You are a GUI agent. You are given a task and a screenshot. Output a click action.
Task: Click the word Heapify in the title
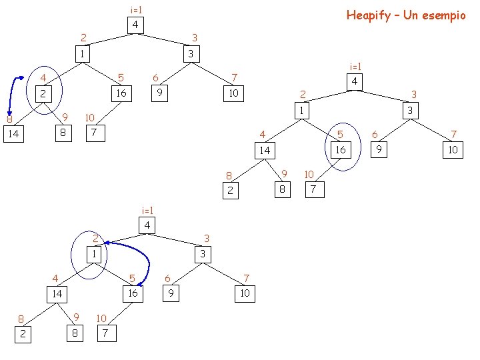click(x=369, y=15)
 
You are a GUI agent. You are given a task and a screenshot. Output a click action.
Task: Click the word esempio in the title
click(x=443, y=15)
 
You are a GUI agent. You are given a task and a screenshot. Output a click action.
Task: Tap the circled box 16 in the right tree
click(x=340, y=150)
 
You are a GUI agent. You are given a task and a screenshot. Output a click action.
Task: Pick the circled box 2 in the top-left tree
click(x=43, y=94)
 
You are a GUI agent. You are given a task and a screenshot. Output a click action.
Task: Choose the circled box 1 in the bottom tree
click(x=95, y=254)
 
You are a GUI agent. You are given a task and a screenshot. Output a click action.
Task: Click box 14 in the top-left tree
click(x=13, y=134)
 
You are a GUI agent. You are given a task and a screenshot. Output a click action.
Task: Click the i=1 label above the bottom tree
click(x=147, y=211)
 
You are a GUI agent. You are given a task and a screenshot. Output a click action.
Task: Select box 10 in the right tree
click(x=453, y=150)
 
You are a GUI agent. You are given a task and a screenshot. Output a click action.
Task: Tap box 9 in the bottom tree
click(x=171, y=293)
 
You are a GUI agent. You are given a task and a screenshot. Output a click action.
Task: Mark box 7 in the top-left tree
click(x=95, y=133)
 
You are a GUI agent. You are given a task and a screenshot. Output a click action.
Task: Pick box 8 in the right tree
click(x=282, y=190)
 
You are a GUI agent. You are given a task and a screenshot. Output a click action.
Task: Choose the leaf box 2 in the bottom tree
click(x=23, y=333)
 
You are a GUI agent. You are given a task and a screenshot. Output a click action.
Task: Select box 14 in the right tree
click(x=265, y=150)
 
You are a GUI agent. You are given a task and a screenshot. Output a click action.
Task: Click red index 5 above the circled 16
click(x=340, y=134)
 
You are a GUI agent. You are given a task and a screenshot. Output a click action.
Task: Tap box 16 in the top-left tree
click(x=121, y=93)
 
